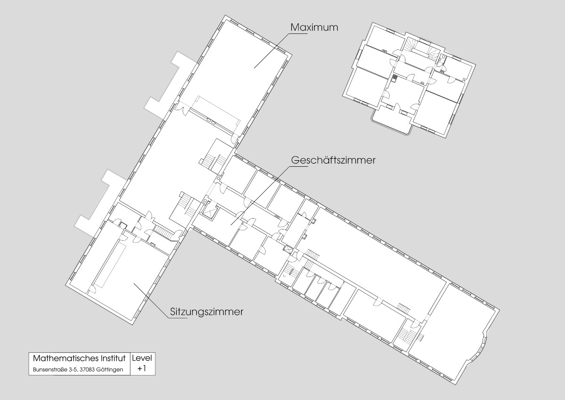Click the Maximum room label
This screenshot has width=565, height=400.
[314, 27]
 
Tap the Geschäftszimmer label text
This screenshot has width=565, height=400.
[333, 160]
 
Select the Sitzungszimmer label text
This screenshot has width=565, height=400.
[207, 312]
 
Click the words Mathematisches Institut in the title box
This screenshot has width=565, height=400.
[79, 358]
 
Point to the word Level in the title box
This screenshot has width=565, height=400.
[142, 358]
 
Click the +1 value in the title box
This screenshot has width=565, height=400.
[142, 368]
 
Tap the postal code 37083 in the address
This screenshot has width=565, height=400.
[89, 370]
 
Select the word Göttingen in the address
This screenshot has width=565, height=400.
[110, 370]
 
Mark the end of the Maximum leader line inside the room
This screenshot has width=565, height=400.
[254, 68]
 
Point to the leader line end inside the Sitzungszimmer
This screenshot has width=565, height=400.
[134, 284]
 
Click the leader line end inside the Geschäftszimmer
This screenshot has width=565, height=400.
[231, 225]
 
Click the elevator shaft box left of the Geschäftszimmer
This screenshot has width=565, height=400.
[210, 211]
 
